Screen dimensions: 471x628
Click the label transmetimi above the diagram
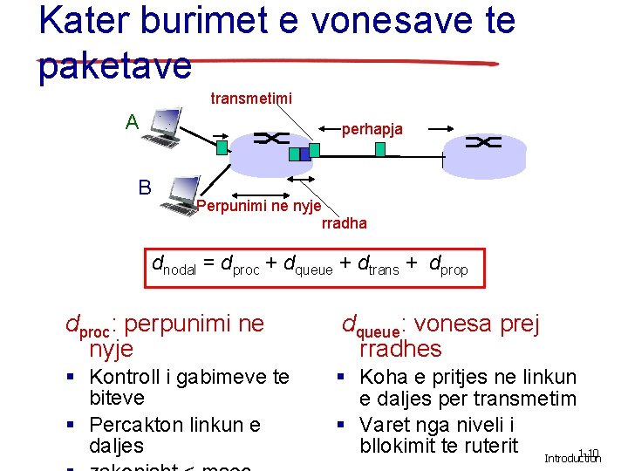pyautogui.click(x=251, y=99)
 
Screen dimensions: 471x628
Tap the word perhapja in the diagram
pyautogui.click(x=372, y=129)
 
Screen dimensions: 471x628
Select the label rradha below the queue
pyautogui.click(x=345, y=223)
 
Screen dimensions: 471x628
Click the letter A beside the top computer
pyautogui.click(x=132, y=121)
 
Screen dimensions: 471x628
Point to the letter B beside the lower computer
pyautogui.click(x=144, y=187)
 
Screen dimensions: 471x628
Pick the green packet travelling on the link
pyautogui.click(x=379, y=149)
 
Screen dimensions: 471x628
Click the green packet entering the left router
pyautogui.click(x=222, y=147)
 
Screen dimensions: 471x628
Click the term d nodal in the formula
pyautogui.click(x=174, y=265)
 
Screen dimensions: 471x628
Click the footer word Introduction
pyautogui.click(x=573, y=459)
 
